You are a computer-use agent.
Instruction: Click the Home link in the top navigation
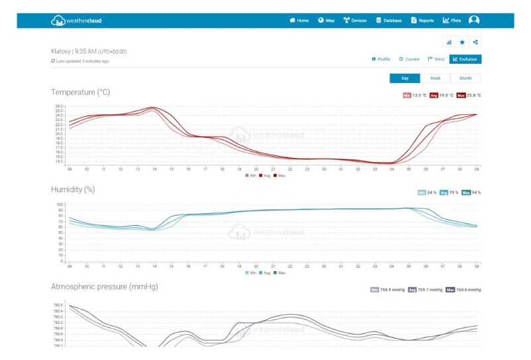(299, 21)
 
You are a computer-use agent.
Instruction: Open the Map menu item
(327, 21)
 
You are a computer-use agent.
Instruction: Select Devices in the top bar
(355, 21)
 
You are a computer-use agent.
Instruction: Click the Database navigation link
(389, 21)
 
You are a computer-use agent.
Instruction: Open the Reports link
(422, 21)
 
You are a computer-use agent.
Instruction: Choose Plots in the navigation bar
(452, 21)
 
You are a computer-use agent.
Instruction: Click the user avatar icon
(474, 20)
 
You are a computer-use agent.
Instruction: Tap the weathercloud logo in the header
(77, 21)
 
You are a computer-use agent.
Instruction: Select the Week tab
(435, 78)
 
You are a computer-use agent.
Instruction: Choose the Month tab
(465, 78)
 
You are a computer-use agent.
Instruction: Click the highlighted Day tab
(405, 78)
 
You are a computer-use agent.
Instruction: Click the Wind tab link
(436, 59)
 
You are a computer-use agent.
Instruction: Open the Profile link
(381, 59)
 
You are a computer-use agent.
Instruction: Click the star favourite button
(463, 42)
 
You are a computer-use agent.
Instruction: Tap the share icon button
(475, 42)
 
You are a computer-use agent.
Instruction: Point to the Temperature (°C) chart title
(80, 92)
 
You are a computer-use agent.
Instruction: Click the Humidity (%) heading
(73, 189)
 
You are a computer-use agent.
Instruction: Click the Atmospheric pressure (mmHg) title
(104, 286)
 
